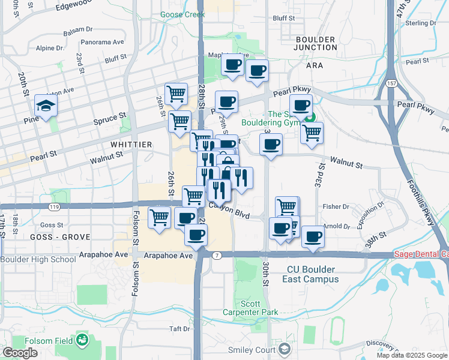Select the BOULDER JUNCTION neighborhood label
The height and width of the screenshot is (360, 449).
pyautogui.click(x=316, y=43)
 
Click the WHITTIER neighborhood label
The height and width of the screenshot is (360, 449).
pyautogui.click(x=131, y=145)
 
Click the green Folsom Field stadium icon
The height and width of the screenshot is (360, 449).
pyautogui.click(x=82, y=341)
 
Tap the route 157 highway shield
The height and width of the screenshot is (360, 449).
pyautogui.click(x=391, y=83)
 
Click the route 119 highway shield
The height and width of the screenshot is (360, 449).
pyautogui.click(x=55, y=206)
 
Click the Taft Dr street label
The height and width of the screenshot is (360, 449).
pyautogui.click(x=179, y=329)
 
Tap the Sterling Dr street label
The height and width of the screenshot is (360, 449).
pyautogui.click(x=420, y=23)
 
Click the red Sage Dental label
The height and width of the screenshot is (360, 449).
pyautogui.click(x=421, y=254)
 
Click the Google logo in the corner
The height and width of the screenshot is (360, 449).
pyautogui.click(x=20, y=353)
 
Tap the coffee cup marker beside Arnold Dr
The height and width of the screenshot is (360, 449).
pyautogui.click(x=313, y=236)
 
